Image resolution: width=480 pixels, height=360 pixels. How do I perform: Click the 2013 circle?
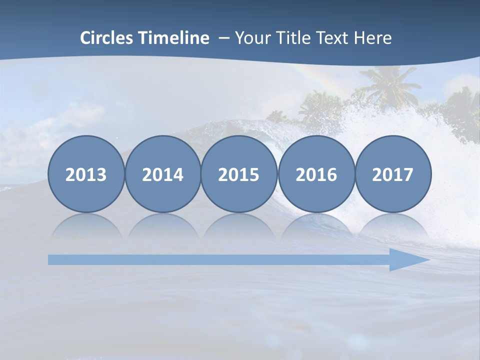86,174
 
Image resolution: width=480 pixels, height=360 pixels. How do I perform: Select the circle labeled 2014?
162,174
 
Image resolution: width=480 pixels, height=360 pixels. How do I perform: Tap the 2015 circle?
239,174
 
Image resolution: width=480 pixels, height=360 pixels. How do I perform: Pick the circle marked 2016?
316,174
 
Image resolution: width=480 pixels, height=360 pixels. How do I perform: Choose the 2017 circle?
393,174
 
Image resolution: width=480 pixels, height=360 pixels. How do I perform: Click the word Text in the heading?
331,38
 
